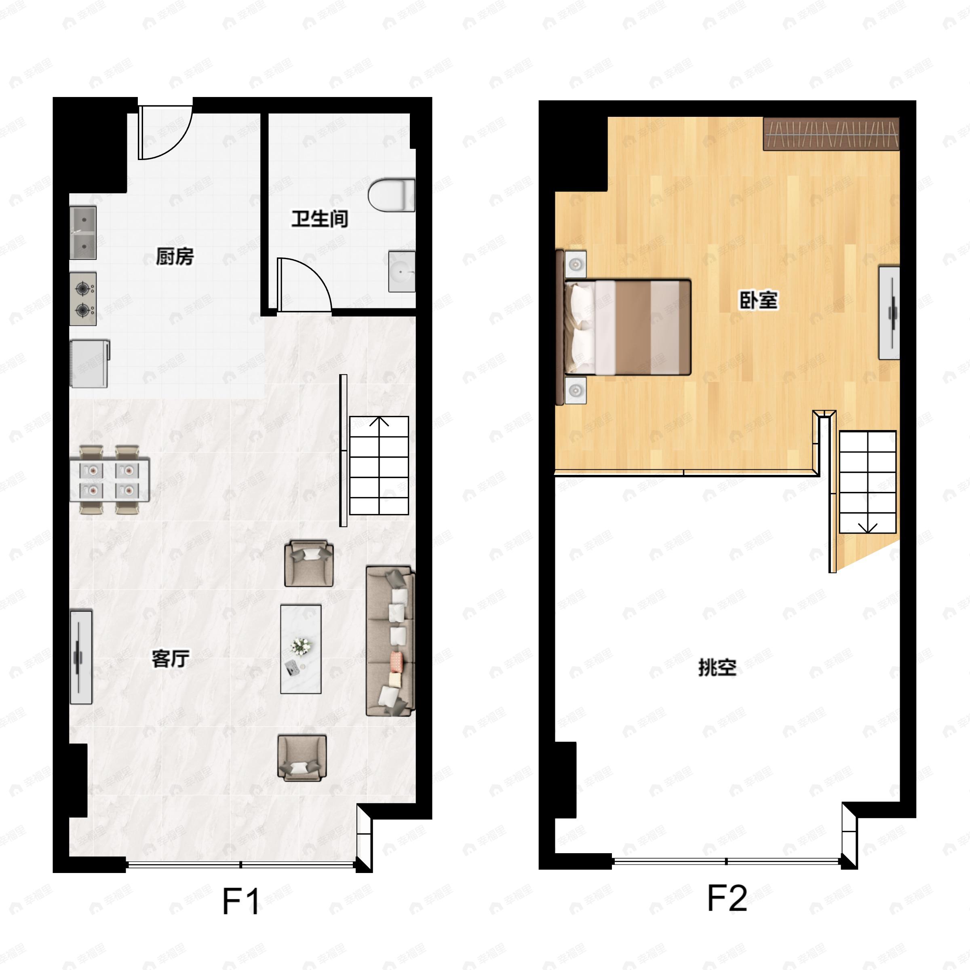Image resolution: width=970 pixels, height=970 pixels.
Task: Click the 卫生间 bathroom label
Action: pos(320,219)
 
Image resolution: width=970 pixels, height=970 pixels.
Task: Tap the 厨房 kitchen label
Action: pos(174,257)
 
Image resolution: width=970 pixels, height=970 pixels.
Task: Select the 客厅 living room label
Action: pos(171,659)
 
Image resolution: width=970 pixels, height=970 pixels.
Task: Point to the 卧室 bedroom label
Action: pos(759,300)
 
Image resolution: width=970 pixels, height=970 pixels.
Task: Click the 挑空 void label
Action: pos(717,667)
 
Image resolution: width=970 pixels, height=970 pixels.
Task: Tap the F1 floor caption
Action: pos(242,902)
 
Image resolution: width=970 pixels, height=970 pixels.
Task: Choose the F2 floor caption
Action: pos(727,898)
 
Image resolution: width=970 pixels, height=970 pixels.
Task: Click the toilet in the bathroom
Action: pos(392,195)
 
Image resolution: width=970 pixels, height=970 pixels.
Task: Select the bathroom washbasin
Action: pos(402,272)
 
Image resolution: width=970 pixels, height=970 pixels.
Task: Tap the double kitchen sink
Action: pos(83,232)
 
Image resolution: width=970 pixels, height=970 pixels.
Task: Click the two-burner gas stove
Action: pos(83,299)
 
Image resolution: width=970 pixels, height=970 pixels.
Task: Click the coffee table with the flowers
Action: pos(301,649)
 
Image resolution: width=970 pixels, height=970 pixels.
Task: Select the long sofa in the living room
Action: pos(390,641)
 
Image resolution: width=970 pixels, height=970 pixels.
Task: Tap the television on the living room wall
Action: pos(81,657)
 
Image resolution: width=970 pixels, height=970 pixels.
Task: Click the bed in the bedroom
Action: pos(624,327)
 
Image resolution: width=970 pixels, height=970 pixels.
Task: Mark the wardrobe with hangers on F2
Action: pos(831,134)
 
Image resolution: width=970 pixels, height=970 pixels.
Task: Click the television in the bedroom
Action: pos(889,313)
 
